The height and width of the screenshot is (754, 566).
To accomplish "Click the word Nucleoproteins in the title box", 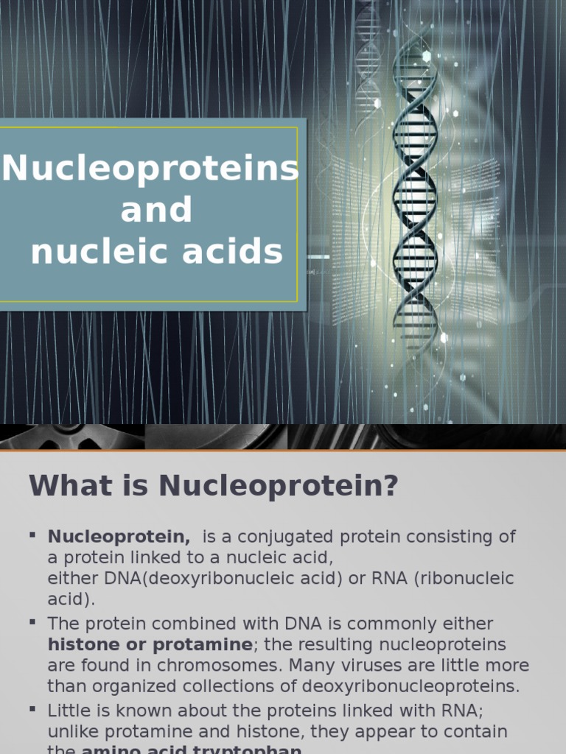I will pos(150,169).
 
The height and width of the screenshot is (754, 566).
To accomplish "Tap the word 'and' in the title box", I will pos(156,210).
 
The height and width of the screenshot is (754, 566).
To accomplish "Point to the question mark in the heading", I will pos(391,486).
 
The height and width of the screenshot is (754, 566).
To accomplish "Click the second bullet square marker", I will pos(33,621).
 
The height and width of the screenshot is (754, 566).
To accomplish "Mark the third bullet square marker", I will pos(33,708).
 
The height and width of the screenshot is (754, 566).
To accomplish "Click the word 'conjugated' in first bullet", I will pos(274,537).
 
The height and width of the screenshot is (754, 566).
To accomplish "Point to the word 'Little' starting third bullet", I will pos(67,711).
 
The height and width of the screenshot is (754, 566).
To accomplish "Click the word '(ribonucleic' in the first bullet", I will pos(463,579).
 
